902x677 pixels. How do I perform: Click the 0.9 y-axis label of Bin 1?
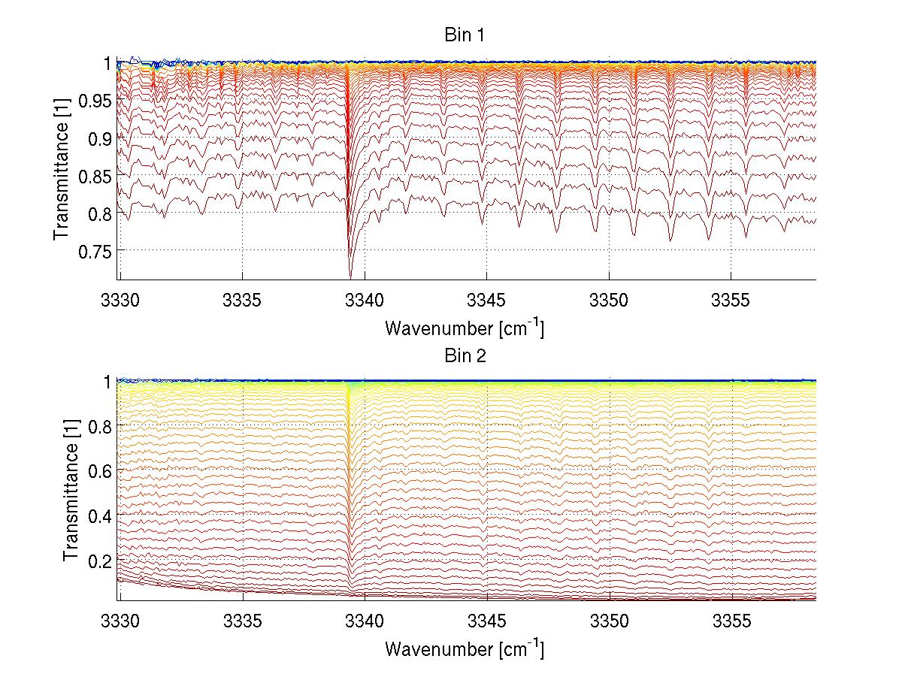(98, 138)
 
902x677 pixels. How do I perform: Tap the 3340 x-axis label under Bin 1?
(365, 301)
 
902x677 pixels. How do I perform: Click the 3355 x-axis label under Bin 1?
(731, 301)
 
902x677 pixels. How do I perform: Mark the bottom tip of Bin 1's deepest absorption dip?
(350, 277)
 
